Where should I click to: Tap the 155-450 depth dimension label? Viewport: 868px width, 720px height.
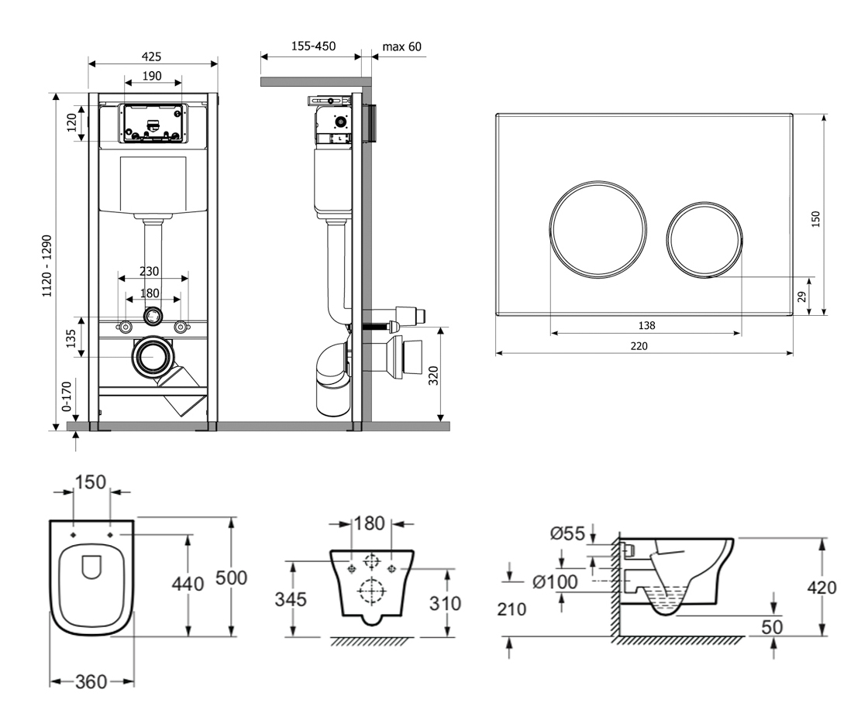point(313,46)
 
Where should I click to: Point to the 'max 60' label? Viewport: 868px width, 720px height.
point(402,46)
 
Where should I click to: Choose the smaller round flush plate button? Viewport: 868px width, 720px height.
point(704,239)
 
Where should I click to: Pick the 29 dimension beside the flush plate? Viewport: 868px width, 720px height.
point(804,296)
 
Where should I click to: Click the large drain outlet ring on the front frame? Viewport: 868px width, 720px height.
point(155,358)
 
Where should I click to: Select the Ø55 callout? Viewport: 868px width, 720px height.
point(567,533)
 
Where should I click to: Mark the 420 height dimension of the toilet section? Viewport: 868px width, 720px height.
point(821,588)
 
